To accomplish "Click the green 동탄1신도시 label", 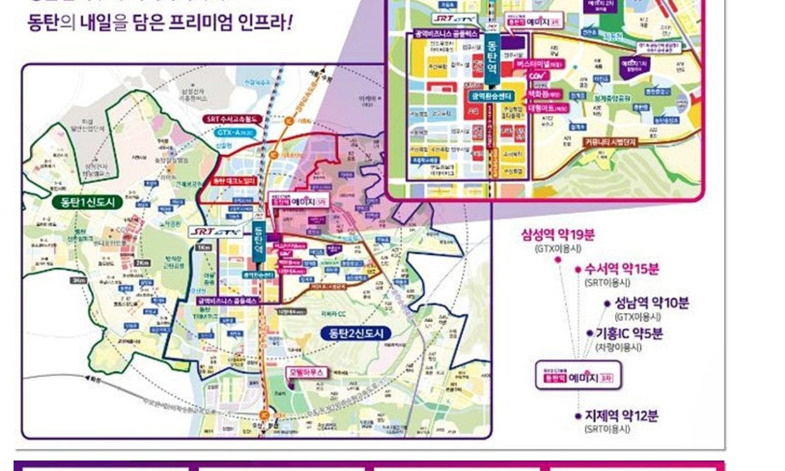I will (87, 202).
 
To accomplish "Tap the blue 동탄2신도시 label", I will (356, 333).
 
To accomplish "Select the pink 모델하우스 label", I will (307, 372).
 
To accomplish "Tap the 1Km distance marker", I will (203, 248).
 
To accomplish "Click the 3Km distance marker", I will (78, 281).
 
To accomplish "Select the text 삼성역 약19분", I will (558, 235).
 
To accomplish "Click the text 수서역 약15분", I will (621, 269).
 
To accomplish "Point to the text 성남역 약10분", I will (651, 303).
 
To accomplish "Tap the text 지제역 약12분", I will (621, 415).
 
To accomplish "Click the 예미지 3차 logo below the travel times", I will (577, 376).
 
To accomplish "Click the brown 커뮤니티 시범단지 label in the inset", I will (610, 142).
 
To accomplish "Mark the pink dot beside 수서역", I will (578, 270).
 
